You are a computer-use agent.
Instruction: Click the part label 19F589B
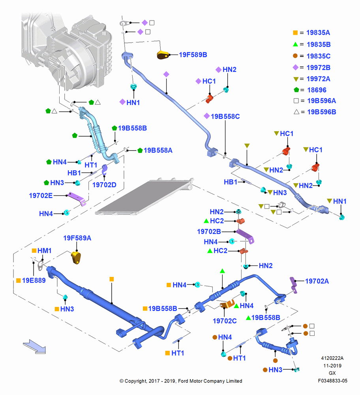pos(193,55)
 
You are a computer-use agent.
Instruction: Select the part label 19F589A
pos(77,238)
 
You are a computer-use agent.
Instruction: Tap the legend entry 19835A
pos(318,32)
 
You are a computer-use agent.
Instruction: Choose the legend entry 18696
pos(317,90)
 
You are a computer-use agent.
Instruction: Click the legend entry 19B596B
pos(321,112)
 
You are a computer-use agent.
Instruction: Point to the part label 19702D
pos(104,185)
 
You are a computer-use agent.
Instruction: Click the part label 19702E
pos(41,196)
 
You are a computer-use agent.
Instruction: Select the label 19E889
pos(34,280)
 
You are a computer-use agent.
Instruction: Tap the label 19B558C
pos(225,117)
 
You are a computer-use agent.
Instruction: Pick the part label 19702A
pos(317,281)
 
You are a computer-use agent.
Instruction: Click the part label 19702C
pos(225,321)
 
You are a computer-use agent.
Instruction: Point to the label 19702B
pos(209,231)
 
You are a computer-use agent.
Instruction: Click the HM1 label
pos(44,251)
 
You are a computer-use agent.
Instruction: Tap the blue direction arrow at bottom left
pos(34,347)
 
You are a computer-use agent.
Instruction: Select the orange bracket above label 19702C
pos(227,304)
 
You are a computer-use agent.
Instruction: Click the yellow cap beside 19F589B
pos(163,55)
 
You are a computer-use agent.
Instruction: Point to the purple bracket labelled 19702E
pos(77,199)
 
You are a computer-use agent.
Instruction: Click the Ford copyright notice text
pos(181,381)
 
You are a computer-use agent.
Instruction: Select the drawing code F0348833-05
pos(332,381)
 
